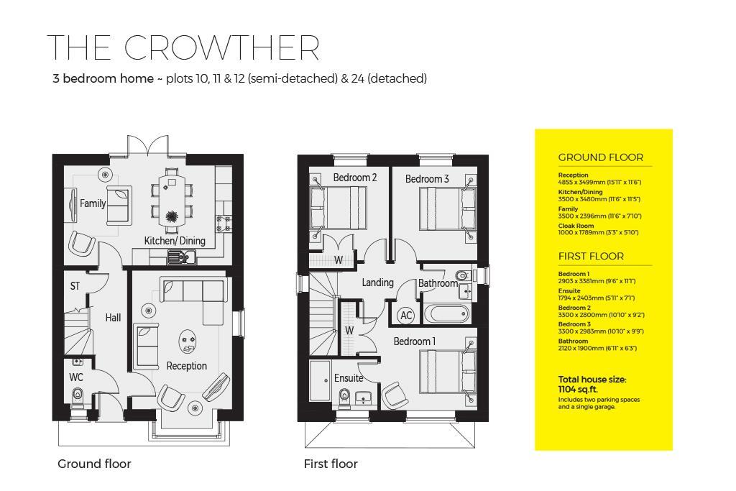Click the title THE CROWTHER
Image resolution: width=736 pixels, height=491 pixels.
tap(183, 47)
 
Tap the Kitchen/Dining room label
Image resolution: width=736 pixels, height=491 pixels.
tap(175, 241)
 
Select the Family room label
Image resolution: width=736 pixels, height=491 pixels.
tap(93, 203)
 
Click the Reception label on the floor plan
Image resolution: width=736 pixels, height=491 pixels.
tap(186, 366)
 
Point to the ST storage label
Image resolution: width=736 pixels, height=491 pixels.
tap(75, 286)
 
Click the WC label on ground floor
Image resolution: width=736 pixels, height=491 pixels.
tap(76, 377)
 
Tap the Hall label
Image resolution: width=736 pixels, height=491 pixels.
tap(113, 317)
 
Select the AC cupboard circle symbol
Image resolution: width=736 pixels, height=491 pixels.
tap(405, 316)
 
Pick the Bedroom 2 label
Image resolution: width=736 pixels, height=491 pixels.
tap(355, 178)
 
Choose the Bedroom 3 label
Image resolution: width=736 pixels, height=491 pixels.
tap(427, 178)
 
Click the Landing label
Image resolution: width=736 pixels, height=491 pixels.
tap(377, 283)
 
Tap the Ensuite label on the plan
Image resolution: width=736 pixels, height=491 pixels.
tap(349, 378)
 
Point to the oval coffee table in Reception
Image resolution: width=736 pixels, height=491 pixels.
tap(188, 341)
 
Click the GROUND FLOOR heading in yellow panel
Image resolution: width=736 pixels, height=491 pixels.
tap(601, 157)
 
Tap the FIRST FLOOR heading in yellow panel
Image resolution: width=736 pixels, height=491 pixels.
tap(591, 256)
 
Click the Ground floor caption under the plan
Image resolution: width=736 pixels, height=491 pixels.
tap(94, 464)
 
